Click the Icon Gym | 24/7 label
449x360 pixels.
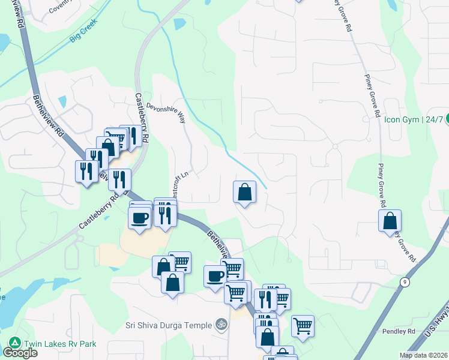[x=414, y=119]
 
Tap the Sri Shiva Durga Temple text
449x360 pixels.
[x=169, y=325]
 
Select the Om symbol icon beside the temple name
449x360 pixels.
[x=221, y=325]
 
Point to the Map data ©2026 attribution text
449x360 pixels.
[x=424, y=355]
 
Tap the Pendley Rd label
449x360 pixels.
[x=399, y=331]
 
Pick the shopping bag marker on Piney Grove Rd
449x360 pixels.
[x=390, y=220]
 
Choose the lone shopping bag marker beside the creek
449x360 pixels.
[x=244, y=192]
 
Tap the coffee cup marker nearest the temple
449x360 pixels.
[x=215, y=276]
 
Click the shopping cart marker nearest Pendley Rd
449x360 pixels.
[x=303, y=326]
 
